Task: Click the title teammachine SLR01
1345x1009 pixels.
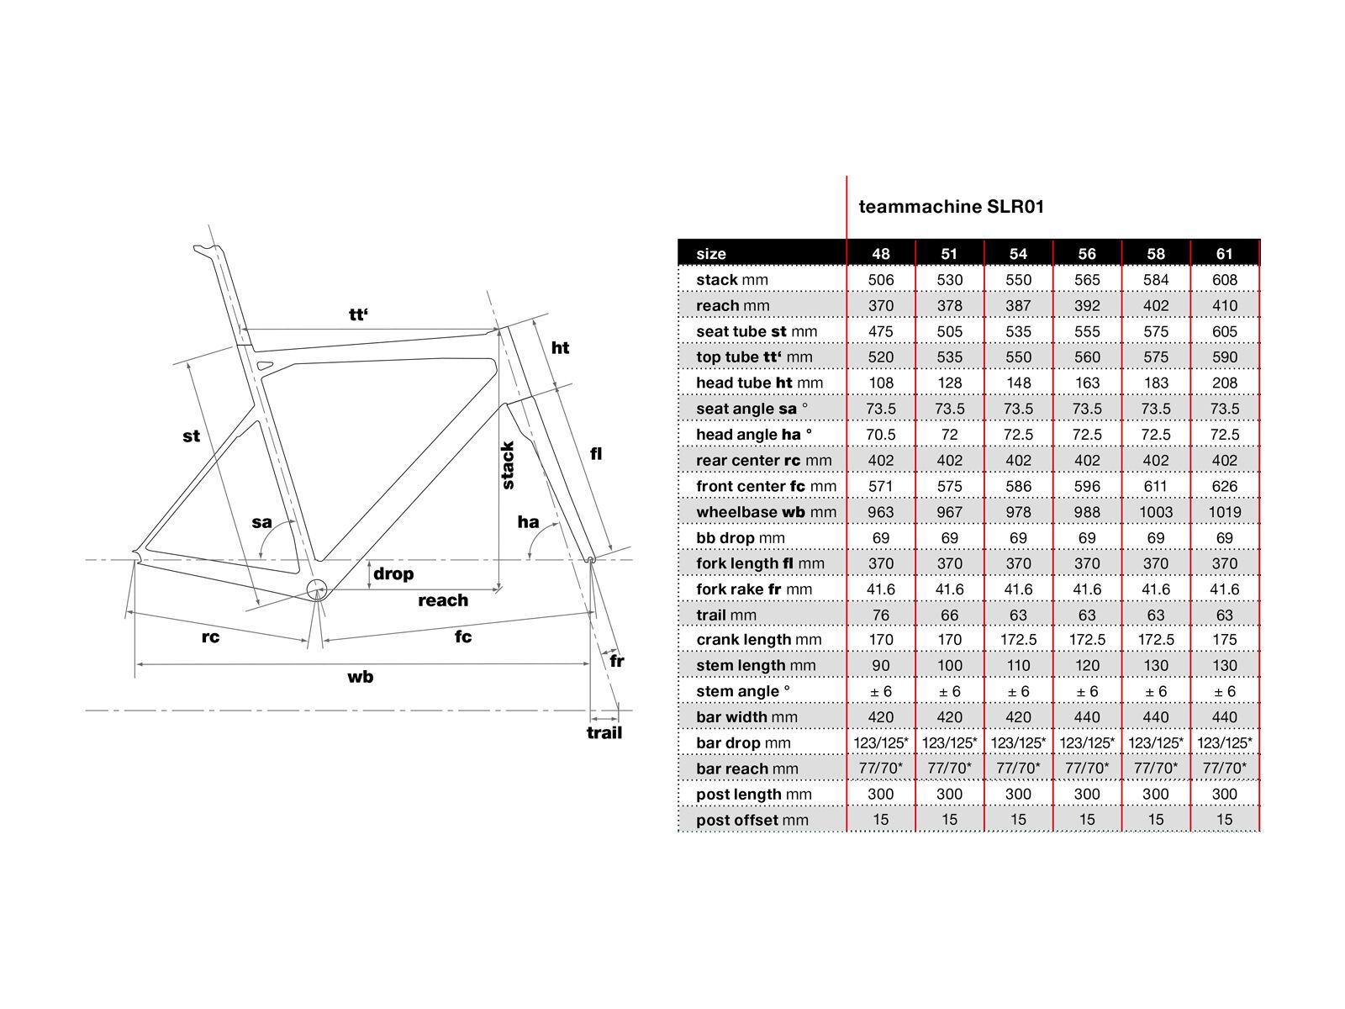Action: [951, 207]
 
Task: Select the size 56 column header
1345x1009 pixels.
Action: [1087, 254]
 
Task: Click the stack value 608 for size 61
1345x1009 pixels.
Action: [1225, 280]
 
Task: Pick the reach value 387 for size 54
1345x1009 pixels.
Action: [1018, 306]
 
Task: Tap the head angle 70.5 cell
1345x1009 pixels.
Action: [881, 435]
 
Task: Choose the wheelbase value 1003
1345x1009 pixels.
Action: [1156, 512]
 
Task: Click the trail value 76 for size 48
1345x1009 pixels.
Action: [881, 615]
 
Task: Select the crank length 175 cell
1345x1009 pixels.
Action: [1225, 640]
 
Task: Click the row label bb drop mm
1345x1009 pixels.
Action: [740, 538]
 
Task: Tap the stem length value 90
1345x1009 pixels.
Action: [881, 666]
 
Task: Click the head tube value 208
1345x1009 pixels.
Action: [1225, 383]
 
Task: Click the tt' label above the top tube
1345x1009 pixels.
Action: [359, 315]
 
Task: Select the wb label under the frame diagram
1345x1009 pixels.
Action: [360, 677]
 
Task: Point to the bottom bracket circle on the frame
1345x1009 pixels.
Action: [316, 589]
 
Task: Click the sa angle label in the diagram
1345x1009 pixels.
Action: [262, 522]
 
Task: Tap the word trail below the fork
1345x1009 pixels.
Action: [604, 732]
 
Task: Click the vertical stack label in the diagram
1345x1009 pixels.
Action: [508, 465]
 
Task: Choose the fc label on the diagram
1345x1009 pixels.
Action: [463, 637]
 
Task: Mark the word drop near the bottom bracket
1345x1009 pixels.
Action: [393, 573]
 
